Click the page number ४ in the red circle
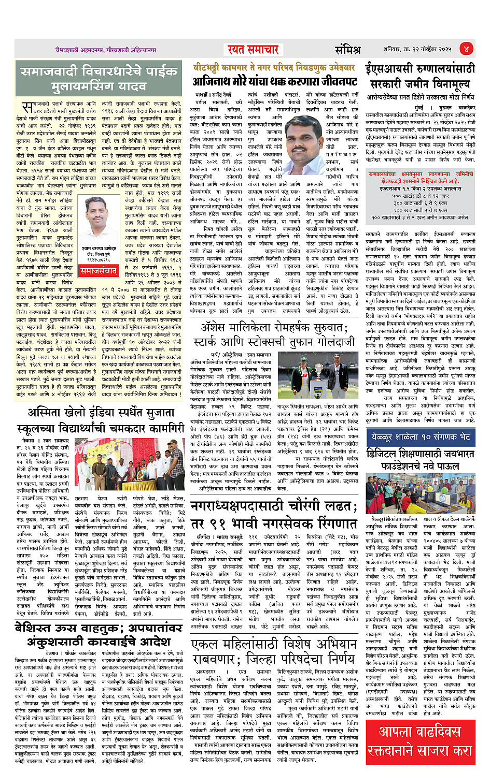[x=466, y=49]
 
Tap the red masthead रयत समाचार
[x=253, y=49]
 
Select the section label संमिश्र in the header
[x=347, y=50]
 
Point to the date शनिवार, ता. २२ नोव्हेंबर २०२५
[x=417, y=49]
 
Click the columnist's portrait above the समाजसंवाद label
[x=99, y=223]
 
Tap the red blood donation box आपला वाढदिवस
[x=420, y=741]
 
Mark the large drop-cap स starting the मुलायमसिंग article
[x=27, y=108]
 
